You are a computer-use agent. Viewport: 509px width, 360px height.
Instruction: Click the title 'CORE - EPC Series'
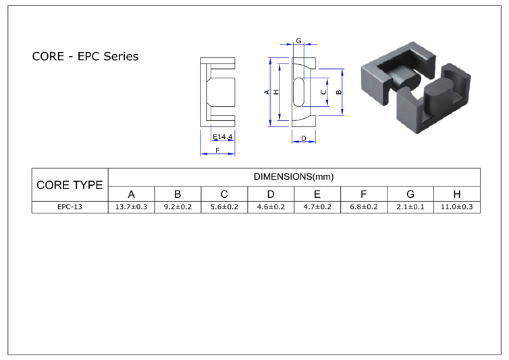[x=85, y=57]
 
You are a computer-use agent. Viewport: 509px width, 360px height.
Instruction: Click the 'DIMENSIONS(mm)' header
[x=294, y=177]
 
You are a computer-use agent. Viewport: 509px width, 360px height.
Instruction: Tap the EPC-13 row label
[x=70, y=207]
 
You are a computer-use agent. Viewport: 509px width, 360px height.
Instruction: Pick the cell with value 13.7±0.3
[x=131, y=207]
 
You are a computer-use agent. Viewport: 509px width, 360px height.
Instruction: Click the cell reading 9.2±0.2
[x=178, y=207]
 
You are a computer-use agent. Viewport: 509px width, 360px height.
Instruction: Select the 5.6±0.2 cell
[x=224, y=207]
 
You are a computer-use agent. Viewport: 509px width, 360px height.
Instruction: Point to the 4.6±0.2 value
[x=271, y=207]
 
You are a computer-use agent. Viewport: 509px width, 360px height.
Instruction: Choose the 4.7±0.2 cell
[x=317, y=207]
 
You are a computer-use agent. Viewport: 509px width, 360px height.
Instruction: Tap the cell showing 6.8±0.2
[x=364, y=207]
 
